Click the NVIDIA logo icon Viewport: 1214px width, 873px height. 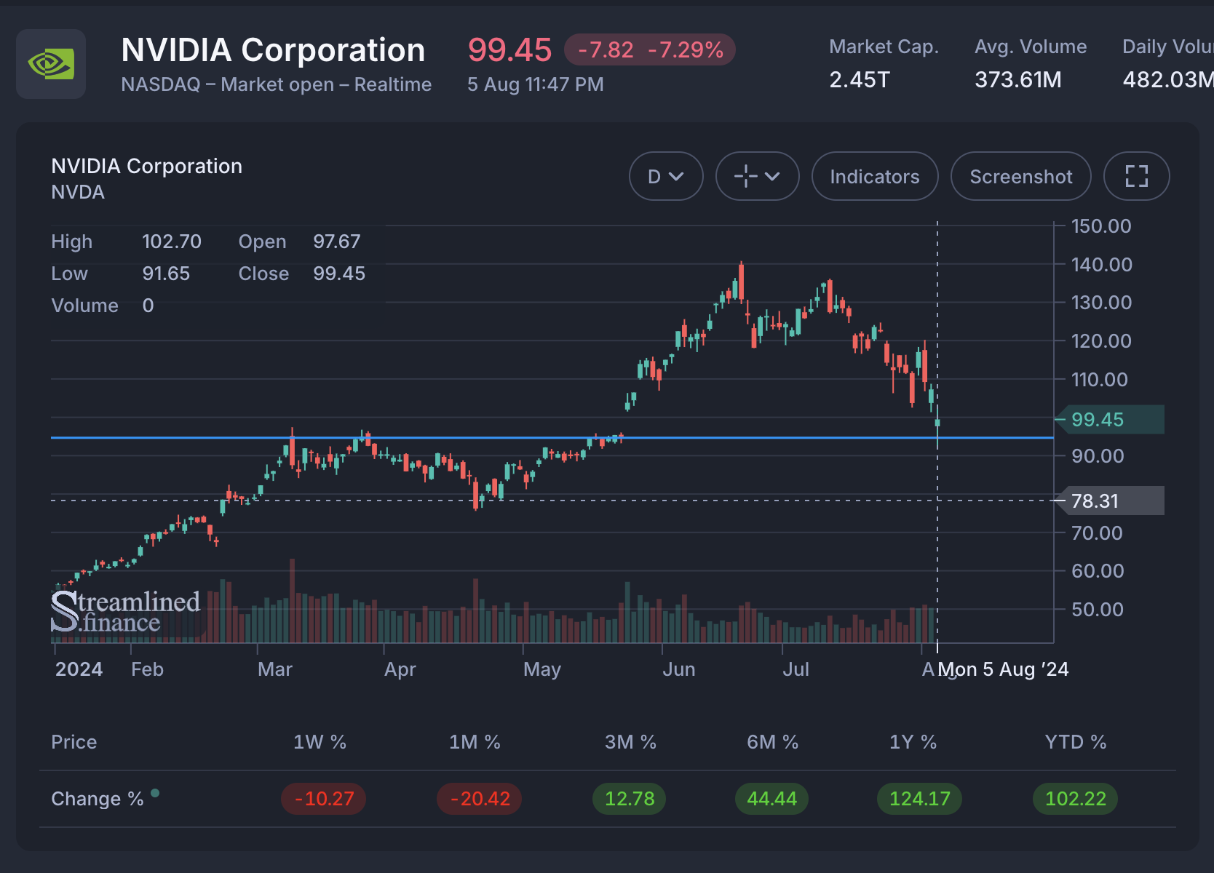51,64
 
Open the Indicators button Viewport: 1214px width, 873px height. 874,177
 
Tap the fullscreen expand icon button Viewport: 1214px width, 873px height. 1136,177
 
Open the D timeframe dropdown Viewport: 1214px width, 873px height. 665,177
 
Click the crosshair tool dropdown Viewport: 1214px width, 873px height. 757,177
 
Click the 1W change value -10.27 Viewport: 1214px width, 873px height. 324,799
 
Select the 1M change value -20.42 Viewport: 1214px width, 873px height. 479,799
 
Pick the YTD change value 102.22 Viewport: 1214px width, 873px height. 1075,799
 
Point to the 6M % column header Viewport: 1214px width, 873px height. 772,742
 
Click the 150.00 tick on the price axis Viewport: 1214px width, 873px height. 1100,226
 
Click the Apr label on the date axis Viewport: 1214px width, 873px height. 400,669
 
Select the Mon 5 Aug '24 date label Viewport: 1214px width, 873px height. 1003,669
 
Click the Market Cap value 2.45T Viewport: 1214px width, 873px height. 860,79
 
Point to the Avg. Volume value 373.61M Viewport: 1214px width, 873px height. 1017,79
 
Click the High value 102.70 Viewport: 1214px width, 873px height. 171,242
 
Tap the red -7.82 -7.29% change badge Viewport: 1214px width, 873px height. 650,50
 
